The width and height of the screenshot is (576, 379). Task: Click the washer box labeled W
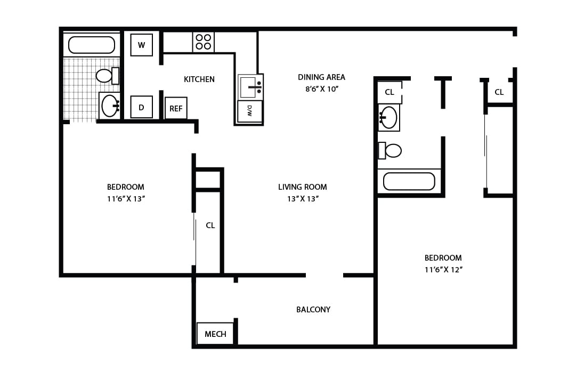[141, 45]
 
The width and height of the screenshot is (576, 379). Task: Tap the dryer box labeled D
[141, 107]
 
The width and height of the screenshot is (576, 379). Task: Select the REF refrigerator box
[176, 108]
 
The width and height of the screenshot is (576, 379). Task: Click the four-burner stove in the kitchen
[203, 42]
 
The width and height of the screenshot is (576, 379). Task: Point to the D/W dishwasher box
[249, 111]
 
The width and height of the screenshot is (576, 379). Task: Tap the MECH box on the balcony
[215, 334]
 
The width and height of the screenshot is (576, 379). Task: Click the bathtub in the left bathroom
[92, 45]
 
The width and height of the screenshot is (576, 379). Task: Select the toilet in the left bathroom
[107, 76]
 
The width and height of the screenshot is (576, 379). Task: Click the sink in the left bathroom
[110, 106]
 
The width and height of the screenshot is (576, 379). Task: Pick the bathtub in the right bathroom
[409, 181]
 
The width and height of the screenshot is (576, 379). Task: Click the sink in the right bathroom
[388, 117]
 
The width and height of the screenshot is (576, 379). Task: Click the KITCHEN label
[199, 79]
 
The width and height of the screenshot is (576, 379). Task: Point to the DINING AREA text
[321, 77]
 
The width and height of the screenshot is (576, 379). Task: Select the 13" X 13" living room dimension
[302, 199]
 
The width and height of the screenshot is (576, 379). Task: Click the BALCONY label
[313, 309]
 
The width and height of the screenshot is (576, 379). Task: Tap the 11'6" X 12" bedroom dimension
[443, 270]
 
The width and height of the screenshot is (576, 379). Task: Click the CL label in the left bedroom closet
[210, 225]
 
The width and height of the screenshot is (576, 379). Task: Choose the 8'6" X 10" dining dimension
[322, 89]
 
